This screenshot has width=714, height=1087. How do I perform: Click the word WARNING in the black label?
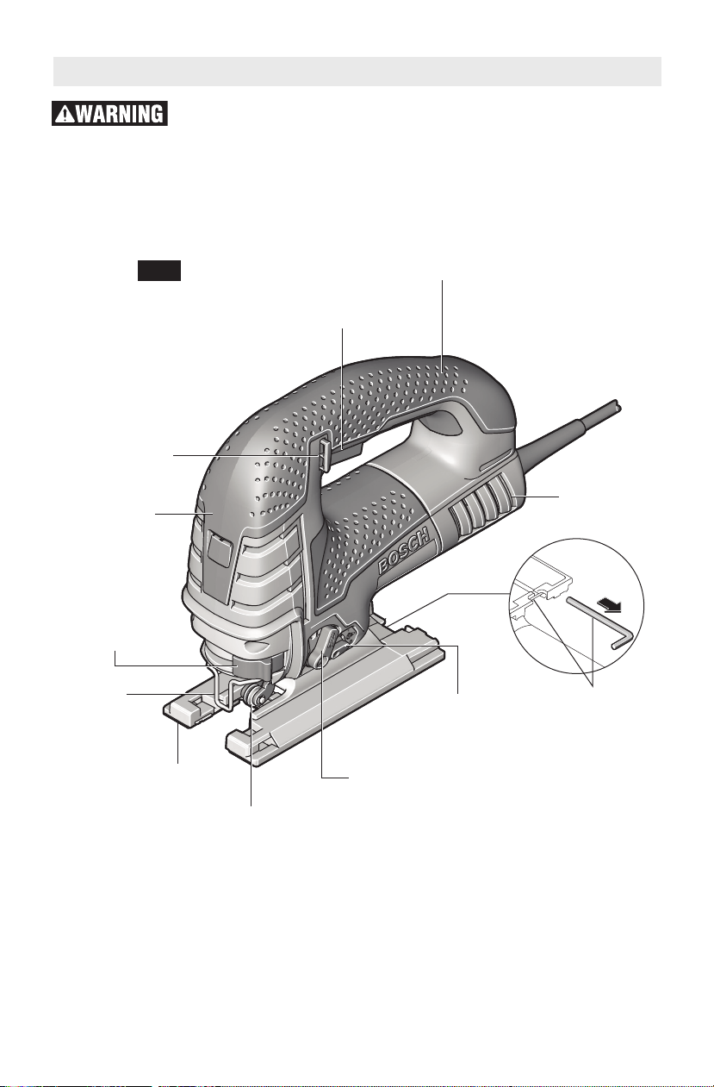click(x=120, y=114)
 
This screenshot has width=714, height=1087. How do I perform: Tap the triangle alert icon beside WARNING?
click(x=65, y=115)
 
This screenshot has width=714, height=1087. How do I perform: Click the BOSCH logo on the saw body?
click(x=404, y=549)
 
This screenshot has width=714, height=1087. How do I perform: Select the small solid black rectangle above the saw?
click(x=159, y=271)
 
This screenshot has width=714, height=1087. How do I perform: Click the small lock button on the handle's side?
click(x=323, y=454)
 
